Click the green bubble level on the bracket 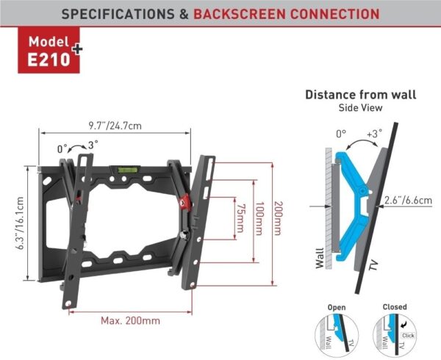[127, 170]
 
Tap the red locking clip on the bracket [184, 201]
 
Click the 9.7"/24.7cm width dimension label [115, 126]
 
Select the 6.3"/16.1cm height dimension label [20, 223]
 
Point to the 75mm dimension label [240, 218]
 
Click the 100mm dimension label [259, 218]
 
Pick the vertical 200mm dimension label [278, 218]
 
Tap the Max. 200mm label [131, 320]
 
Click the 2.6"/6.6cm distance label [408, 201]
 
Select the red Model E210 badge [49, 50]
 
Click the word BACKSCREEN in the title [238, 14]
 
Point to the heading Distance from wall [361, 95]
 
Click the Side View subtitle [360, 108]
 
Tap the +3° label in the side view [374, 134]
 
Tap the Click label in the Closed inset [408, 335]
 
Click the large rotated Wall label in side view [320, 259]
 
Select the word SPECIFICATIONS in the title [118, 14]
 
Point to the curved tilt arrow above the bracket [77, 145]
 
